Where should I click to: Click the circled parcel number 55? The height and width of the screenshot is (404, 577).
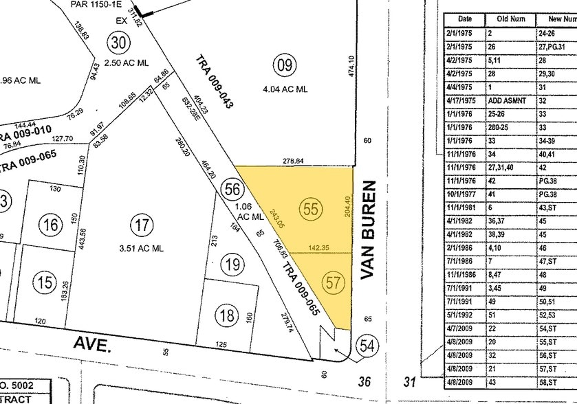coord(312,209)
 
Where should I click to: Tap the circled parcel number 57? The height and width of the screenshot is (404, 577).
coord(334,282)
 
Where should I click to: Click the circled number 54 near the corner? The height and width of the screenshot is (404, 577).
coord(367,345)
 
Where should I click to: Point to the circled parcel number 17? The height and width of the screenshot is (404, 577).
coord(142,225)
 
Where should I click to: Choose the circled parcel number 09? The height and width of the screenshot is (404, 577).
coord(283,66)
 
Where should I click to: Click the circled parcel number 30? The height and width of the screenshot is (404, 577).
coord(119,43)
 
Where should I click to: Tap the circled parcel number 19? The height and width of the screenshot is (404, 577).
coord(232,263)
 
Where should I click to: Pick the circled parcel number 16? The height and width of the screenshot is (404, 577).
coord(50,225)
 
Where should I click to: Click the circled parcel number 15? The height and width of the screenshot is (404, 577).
coord(45,282)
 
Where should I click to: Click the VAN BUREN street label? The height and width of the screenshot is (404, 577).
coord(370,229)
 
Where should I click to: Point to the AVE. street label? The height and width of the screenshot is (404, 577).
coord(91,345)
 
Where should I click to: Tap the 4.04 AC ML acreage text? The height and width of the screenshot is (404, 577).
coord(285,89)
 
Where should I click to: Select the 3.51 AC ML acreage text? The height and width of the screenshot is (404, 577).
coord(142,248)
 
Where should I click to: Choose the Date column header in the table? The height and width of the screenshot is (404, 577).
coord(465,19)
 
